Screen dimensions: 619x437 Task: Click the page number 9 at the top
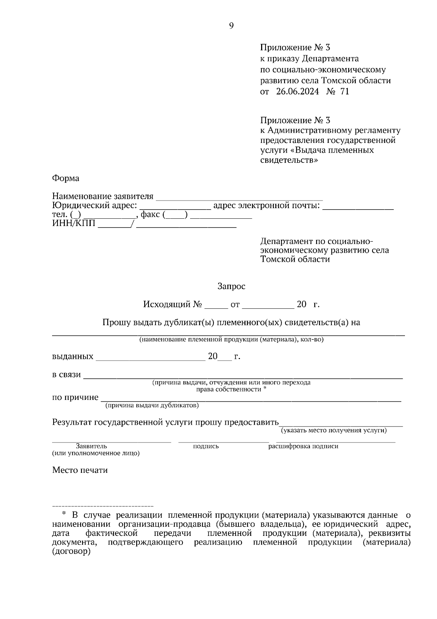pyautogui.click(x=231, y=26)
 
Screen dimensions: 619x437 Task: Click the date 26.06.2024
pyautogui.click(x=297, y=92)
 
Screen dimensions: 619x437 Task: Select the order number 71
pyautogui.click(x=345, y=92)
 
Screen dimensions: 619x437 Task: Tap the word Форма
pyautogui.click(x=66, y=178)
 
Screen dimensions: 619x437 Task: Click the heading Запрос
pyautogui.click(x=231, y=287)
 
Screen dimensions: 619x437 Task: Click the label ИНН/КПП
pyautogui.click(x=74, y=223)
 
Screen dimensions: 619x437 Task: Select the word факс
pyautogui.click(x=150, y=215)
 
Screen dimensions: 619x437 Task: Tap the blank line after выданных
pyautogui.click(x=151, y=359)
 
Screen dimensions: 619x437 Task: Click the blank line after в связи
pyautogui.click(x=243, y=378)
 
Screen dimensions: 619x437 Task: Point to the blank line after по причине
pyautogui.click(x=251, y=400)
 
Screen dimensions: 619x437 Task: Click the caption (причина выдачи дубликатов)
pyautogui.click(x=152, y=405)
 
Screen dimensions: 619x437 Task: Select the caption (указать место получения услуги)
pyautogui.click(x=334, y=431)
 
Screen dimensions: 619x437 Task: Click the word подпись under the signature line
pyautogui.click(x=206, y=446)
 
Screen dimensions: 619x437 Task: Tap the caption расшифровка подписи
pyautogui.click(x=303, y=446)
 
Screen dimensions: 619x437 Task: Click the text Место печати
pyautogui.click(x=80, y=470)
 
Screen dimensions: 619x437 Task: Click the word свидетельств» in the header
pyautogui.click(x=289, y=160)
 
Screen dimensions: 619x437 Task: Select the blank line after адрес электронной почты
pyautogui.click(x=358, y=208)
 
